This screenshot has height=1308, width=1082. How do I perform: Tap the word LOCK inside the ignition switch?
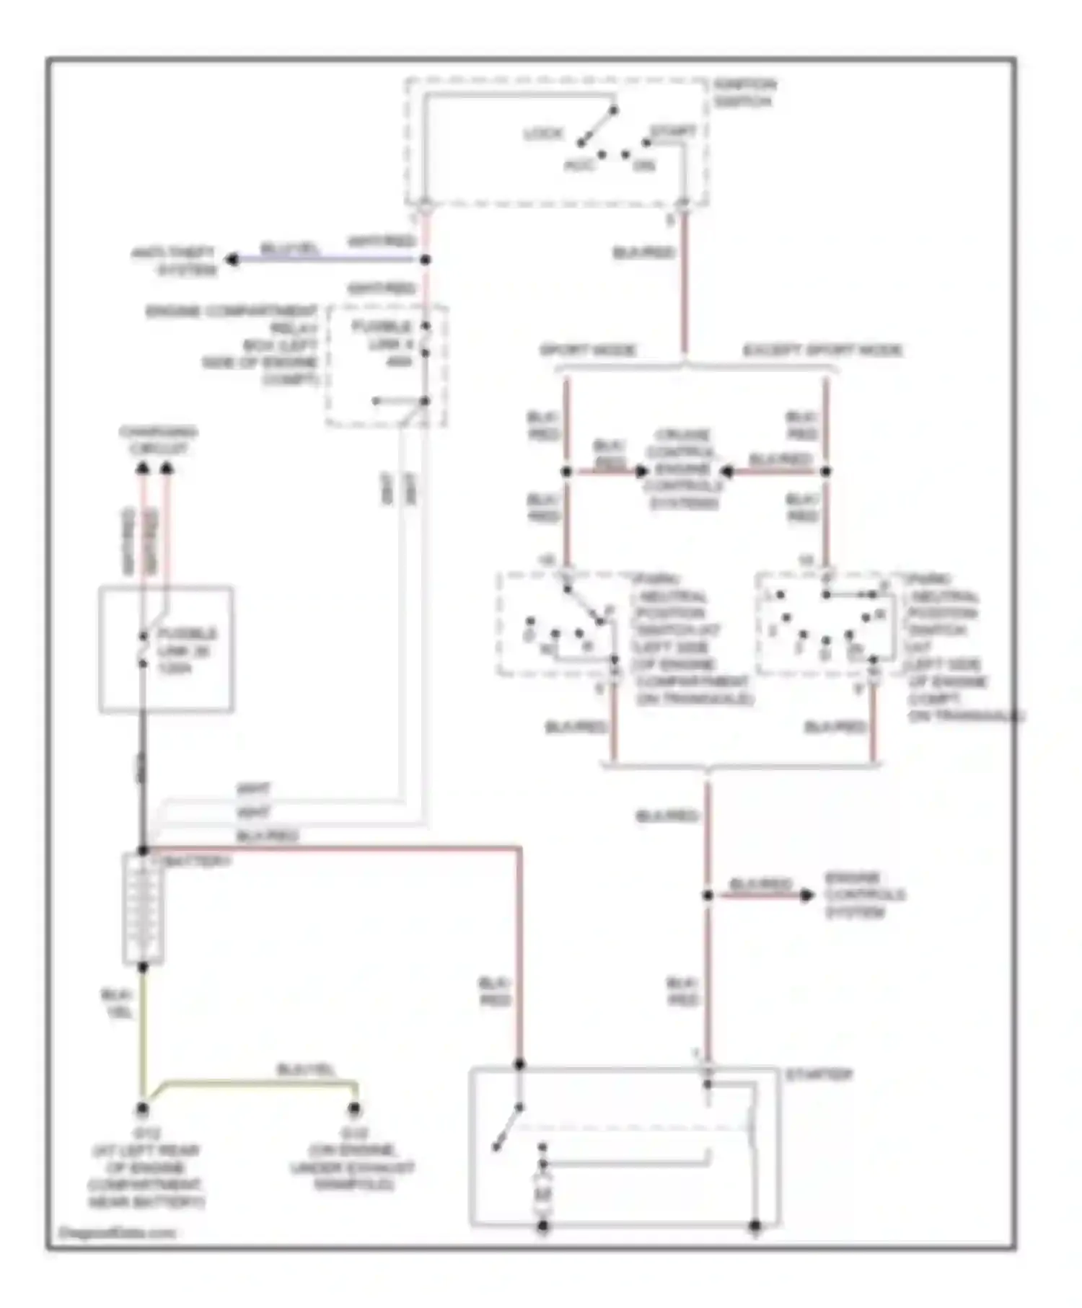coord(542,134)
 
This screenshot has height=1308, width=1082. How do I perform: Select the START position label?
coord(672,132)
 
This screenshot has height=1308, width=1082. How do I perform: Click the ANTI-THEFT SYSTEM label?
coord(174,261)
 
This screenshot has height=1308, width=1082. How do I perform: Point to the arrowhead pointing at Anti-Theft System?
coord(232,260)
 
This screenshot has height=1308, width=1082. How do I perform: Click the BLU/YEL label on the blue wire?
coord(289,249)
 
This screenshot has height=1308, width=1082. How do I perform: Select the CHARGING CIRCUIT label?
coord(158,441)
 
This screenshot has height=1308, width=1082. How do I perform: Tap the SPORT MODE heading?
coord(588,350)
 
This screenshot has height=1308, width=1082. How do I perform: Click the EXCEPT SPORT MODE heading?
coord(822,350)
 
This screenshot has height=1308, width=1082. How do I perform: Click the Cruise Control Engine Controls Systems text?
coord(683,469)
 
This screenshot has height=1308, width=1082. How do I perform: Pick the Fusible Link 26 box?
coord(166,650)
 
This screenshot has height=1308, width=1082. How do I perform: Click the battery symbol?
coord(143,909)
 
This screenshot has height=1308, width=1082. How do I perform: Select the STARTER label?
coord(819,1074)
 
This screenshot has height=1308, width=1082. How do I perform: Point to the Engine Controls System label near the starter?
coord(864,895)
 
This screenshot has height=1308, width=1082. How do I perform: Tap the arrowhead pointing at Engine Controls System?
coord(806,895)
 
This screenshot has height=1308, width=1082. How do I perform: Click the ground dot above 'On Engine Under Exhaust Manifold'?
coord(354,1108)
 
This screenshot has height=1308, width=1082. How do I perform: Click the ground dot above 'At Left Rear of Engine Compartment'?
coord(143,1108)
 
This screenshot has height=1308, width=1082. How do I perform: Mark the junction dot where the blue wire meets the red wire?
coord(426,260)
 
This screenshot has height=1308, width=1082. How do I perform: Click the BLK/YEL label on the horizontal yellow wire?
coord(306,1070)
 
